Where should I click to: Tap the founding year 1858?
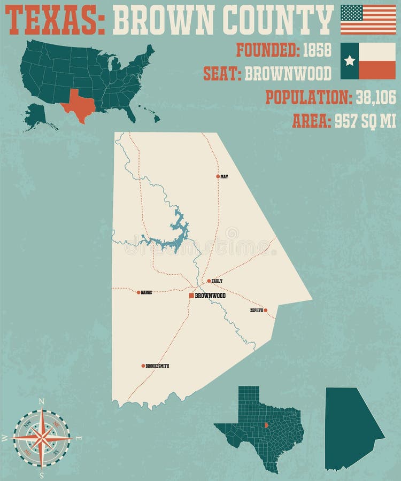pyautogui.click(x=317, y=50)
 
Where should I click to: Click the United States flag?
pyautogui.click(x=368, y=19)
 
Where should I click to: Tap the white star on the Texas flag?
pyautogui.click(x=350, y=60)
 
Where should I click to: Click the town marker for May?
pyautogui.click(x=218, y=176)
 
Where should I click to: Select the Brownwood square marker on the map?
pyautogui.click(x=191, y=295)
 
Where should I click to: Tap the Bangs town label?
pyautogui.click(x=146, y=292)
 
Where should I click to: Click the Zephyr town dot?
pyautogui.click(x=265, y=310)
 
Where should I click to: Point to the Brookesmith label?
pyautogui.click(x=158, y=366)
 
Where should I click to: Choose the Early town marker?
pyautogui.click(x=209, y=281)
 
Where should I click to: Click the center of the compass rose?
pyautogui.click(x=42, y=438)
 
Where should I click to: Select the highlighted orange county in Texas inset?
pyautogui.click(x=265, y=425)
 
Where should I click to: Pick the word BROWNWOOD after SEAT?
pyautogui.click(x=288, y=73)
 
